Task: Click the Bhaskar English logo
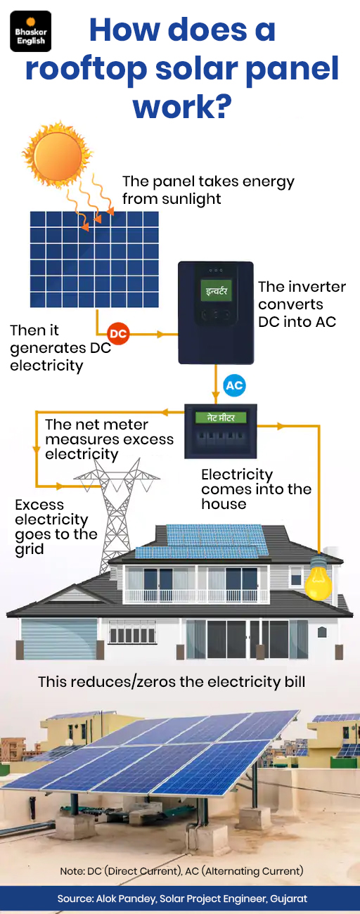pyautogui.click(x=31, y=32)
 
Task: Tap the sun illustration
pyautogui.click(x=57, y=154)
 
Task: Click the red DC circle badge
pyautogui.click(x=118, y=334)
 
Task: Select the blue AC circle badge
pyautogui.click(x=234, y=385)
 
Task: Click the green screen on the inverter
pyautogui.click(x=217, y=291)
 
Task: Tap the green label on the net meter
pyautogui.click(x=221, y=418)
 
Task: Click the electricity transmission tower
pyautogui.click(x=116, y=514)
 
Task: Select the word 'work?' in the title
pyautogui.click(x=182, y=106)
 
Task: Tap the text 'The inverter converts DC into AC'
pyautogui.click(x=302, y=304)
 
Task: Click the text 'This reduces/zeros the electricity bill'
pyautogui.click(x=172, y=682)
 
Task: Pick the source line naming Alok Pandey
pyautogui.click(x=182, y=898)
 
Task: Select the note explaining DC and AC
pyautogui.click(x=181, y=871)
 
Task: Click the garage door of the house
pyautogui.click(x=59, y=638)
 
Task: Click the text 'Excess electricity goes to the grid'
pyautogui.click(x=56, y=527)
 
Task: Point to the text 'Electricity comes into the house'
pyautogui.click(x=257, y=489)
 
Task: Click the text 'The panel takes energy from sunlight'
pyautogui.click(x=208, y=190)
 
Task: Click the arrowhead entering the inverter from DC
pyautogui.click(x=162, y=334)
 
